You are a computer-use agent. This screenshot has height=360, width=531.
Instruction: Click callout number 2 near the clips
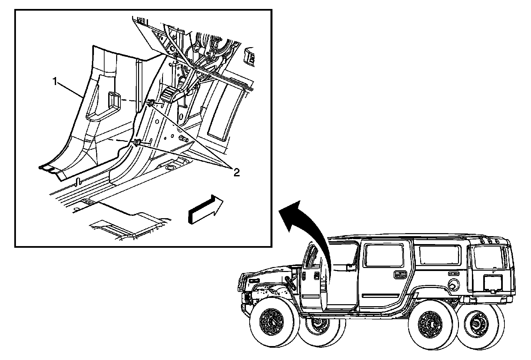coord(236,172)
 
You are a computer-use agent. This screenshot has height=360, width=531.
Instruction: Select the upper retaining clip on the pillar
coord(150,103)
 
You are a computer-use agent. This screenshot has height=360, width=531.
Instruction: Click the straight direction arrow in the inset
coord(205,210)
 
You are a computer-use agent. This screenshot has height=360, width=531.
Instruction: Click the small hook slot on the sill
coord(79,182)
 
